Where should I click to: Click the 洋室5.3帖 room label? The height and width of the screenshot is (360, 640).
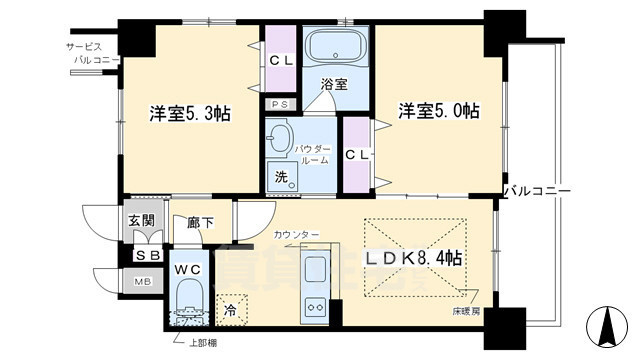pos(190,114)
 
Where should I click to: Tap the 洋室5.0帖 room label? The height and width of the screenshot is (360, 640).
pos(438,110)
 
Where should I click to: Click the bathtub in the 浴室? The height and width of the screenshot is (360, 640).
pos(335,47)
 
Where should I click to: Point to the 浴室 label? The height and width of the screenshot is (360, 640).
pos(335,85)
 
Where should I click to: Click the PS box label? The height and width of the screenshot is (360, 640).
pos(278,103)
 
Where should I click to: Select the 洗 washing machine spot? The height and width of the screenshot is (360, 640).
pos(283,177)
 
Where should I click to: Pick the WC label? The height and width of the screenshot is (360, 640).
pos(190,269)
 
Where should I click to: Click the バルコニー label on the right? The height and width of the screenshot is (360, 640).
pos(536,189)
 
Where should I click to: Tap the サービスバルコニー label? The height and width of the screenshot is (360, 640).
pos(96,53)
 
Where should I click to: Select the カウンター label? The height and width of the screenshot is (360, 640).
pos(296,234)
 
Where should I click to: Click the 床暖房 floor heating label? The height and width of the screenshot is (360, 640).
pos(464,312)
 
